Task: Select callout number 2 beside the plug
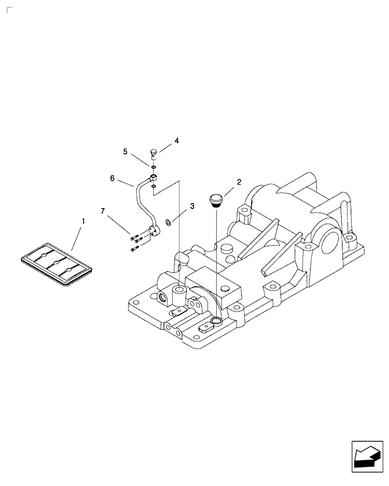pyautogui.click(x=239, y=182)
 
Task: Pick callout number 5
pyautogui.click(x=125, y=152)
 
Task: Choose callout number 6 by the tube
pyautogui.click(x=112, y=178)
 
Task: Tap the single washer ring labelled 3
pyautogui.click(x=168, y=223)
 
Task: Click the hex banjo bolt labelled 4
pyautogui.click(x=153, y=154)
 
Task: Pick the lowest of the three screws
pyautogui.click(x=134, y=250)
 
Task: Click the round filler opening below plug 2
pyautogui.click(x=216, y=321)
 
